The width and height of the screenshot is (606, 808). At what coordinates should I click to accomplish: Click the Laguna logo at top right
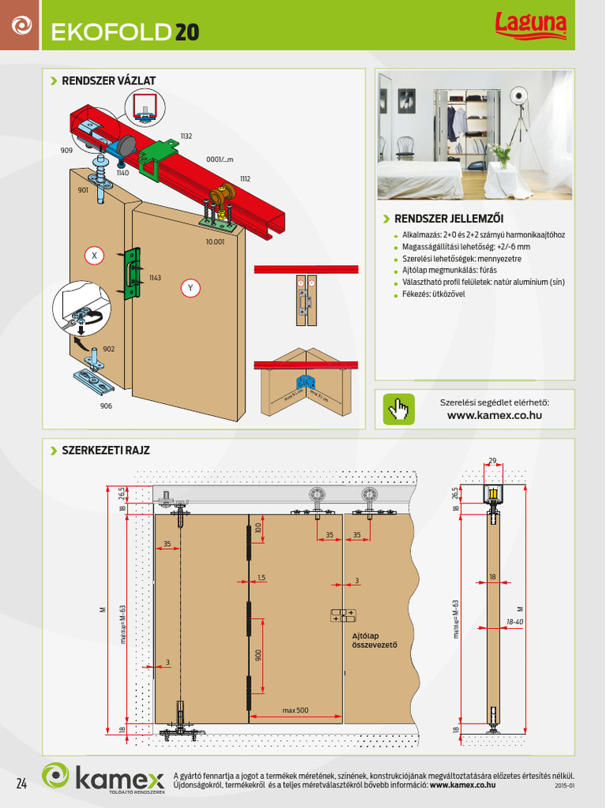[530, 26]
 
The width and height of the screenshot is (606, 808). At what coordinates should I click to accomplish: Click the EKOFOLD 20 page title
[125, 32]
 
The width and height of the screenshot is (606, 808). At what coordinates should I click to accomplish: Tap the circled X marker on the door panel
[94, 256]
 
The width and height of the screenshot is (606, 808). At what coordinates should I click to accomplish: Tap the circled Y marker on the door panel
[189, 288]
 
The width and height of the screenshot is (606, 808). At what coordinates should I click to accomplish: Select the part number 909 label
[66, 150]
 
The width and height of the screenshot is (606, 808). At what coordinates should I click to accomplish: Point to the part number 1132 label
[186, 137]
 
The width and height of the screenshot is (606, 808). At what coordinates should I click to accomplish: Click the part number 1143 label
[155, 278]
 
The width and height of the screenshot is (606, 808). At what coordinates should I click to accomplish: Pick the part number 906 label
[106, 406]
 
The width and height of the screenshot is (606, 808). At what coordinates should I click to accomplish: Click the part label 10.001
[215, 241]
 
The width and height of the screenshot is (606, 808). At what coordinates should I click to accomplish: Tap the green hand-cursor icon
[398, 409]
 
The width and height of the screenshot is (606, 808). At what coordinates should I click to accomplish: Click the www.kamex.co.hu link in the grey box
[494, 415]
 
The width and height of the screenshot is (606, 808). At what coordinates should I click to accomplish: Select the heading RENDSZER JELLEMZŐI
[448, 219]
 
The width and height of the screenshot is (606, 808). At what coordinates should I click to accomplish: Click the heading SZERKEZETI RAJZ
[106, 451]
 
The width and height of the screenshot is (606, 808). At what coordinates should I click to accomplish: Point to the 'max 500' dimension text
[295, 710]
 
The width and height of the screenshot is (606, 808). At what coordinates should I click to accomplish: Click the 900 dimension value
[257, 656]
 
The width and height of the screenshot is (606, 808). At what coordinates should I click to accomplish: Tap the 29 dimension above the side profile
[492, 461]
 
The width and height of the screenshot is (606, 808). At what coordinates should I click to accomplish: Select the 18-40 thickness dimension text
[515, 623]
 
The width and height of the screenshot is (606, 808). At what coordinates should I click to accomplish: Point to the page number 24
[21, 784]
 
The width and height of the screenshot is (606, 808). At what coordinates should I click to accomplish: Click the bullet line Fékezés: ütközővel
[433, 294]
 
